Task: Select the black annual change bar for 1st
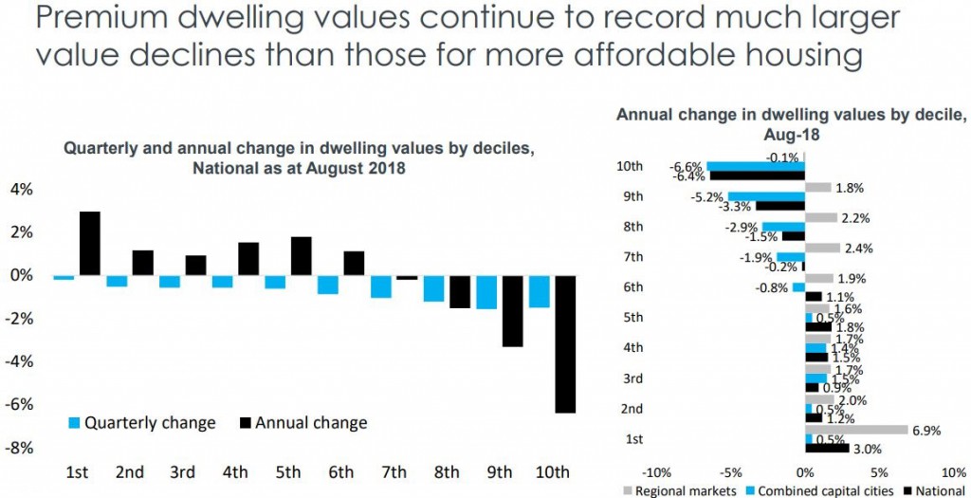pyautogui.click(x=89, y=244)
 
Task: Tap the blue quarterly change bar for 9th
pyautogui.click(x=486, y=292)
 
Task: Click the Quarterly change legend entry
pyautogui.click(x=141, y=422)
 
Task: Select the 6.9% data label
pyautogui.click(x=925, y=431)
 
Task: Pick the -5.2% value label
pyautogui.click(x=708, y=196)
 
